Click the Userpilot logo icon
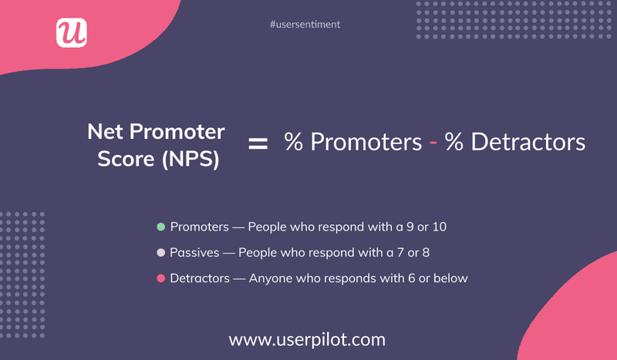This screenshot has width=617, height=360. click(x=72, y=32)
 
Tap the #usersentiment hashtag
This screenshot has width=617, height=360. click(x=305, y=25)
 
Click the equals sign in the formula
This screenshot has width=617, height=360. click(x=258, y=143)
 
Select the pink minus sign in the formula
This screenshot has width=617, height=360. click(x=433, y=143)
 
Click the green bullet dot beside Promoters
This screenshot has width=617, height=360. click(x=160, y=227)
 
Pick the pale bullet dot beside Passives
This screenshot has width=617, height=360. click(x=160, y=252)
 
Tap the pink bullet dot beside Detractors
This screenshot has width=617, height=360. click(x=160, y=278)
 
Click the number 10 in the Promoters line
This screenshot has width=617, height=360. click(x=440, y=227)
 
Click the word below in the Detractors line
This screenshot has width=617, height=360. click(x=450, y=278)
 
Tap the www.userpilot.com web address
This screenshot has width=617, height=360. click(x=308, y=338)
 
